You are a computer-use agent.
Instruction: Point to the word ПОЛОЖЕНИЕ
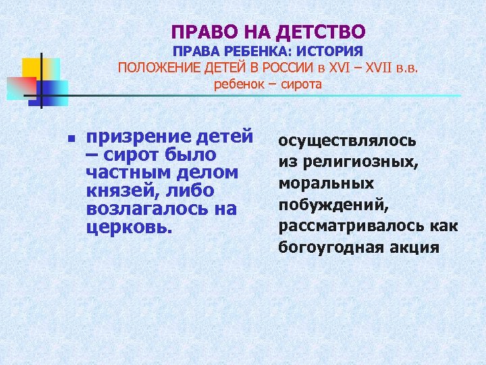pyautogui.click(x=159, y=68)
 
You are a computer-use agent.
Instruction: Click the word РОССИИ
pyautogui.click(x=288, y=68)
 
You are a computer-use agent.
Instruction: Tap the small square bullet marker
pyautogui.click(x=70, y=139)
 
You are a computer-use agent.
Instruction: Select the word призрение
pyautogui.click(x=134, y=136)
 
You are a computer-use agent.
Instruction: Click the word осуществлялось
pyautogui.click(x=348, y=141)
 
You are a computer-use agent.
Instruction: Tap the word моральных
pyautogui.click(x=327, y=184)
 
